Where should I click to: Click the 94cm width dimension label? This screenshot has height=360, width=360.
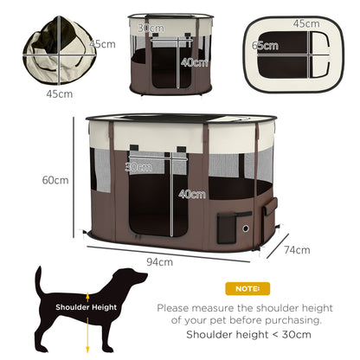point(158,261)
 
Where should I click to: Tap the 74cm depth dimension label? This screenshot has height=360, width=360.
point(297,250)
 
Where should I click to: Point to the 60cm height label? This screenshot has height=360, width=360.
point(55,180)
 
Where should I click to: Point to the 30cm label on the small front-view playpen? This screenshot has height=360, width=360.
point(155,29)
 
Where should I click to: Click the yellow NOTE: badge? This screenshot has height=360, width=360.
point(247,288)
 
